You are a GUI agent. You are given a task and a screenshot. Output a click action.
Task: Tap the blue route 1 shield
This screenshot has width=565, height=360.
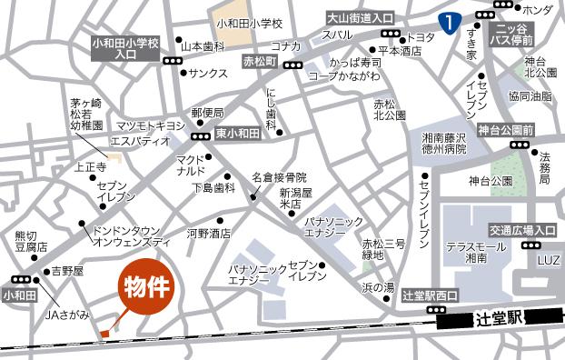[x=447, y=19]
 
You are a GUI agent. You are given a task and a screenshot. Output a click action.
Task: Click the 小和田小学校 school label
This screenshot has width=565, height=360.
[x=250, y=23]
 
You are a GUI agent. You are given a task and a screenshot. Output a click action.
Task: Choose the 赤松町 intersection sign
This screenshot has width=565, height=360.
[x=261, y=61]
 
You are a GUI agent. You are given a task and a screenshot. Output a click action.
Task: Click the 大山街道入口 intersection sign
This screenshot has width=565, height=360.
[x=361, y=18]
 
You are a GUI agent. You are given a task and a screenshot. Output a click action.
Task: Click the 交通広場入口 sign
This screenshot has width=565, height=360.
[x=522, y=230]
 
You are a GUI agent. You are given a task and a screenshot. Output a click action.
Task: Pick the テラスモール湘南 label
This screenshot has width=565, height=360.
[x=473, y=253]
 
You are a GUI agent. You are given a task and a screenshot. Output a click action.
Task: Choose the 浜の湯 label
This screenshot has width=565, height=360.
[x=378, y=287]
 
